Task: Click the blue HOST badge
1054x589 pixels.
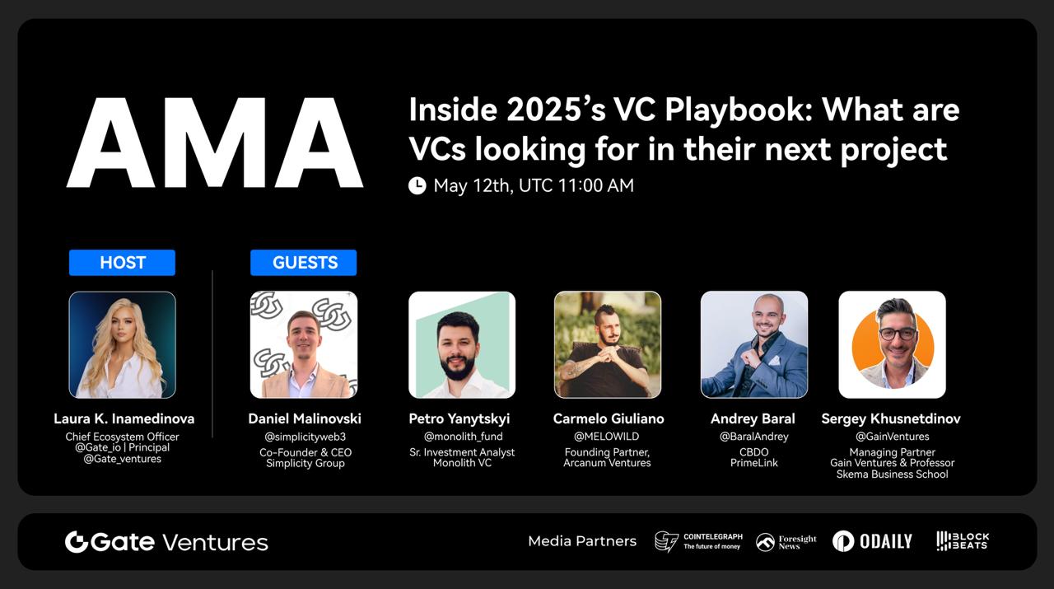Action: [122, 262]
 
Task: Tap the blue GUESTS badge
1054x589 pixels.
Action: [304, 262]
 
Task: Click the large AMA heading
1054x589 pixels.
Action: [215, 143]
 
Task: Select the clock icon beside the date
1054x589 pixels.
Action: [417, 185]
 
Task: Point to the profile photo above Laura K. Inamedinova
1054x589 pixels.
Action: [123, 344]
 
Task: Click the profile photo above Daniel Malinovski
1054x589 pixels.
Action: [304, 344]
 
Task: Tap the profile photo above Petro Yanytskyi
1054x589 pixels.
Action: [462, 344]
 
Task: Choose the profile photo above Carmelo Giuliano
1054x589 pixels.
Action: [608, 344]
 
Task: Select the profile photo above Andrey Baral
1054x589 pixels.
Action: [754, 344]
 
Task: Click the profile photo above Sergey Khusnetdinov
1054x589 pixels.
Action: [892, 344]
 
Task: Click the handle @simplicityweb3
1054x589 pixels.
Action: [305, 437]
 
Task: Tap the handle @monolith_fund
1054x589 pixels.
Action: [463, 437]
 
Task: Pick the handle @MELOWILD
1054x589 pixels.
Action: [607, 437]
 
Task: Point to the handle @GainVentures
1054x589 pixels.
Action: [892, 437]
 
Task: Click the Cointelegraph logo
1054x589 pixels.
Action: [699, 541]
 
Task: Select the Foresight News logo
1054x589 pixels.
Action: [786, 542]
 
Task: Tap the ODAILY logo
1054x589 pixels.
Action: [872, 541]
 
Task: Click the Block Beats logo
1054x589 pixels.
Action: [963, 541]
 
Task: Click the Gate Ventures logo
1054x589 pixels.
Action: [166, 542]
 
